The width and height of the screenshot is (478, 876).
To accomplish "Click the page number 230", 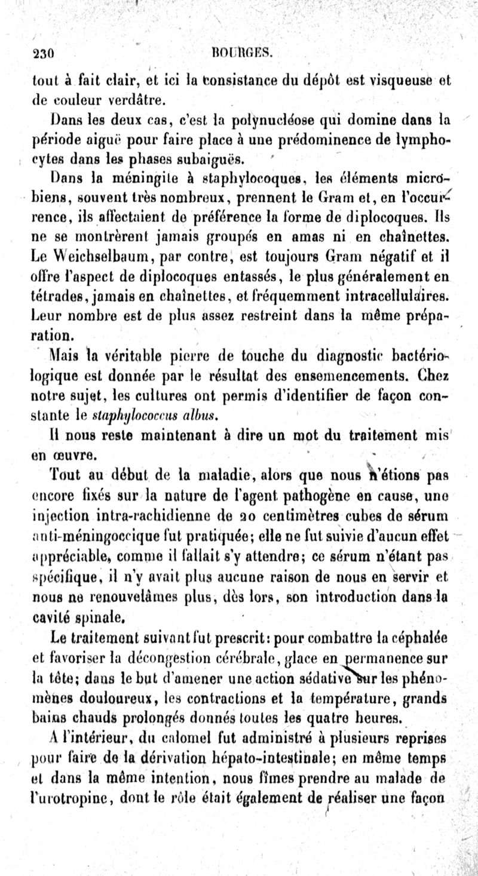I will pyautogui.click(x=44, y=54).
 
